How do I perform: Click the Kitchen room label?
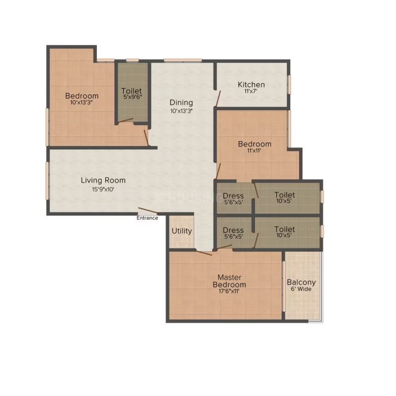[x=251, y=84]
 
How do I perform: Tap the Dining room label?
[x=181, y=102]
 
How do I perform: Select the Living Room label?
[x=103, y=180]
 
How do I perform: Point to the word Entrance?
[x=147, y=218]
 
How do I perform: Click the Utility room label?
[x=182, y=231]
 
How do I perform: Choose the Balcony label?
[x=301, y=282]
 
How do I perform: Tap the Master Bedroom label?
[x=229, y=281]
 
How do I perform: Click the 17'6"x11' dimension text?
[x=229, y=291]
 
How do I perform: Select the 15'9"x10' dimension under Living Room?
[x=103, y=189]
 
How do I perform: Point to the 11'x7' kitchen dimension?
[x=250, y=91]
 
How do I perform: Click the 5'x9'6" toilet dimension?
[x=133, y=97]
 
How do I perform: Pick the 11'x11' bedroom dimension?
[x=254, y=151]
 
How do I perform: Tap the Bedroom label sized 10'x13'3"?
[x=82, y=96]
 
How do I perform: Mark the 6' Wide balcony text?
[x=301, y=289]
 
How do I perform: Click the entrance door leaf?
[x=148, y=211]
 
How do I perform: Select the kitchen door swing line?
[x=218, y=99]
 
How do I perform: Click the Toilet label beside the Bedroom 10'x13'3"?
[x=131, y=91]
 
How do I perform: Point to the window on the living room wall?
[x=47, y=181]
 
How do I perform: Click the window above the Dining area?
[x=183, y=60]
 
